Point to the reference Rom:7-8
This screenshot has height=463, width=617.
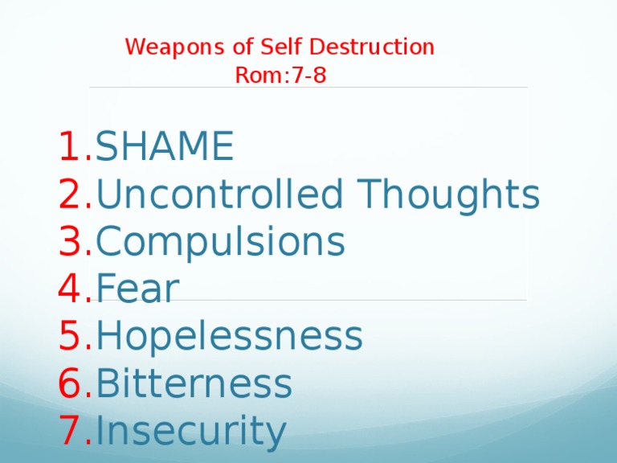coord(280,76)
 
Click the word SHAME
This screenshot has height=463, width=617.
coord(165,147)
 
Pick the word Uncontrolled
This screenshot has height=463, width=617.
coord(223,195)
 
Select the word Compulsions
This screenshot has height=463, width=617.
coord(220,242)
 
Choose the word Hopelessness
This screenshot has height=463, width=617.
coord(229,337)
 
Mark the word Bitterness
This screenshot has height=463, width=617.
coord(194,384)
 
